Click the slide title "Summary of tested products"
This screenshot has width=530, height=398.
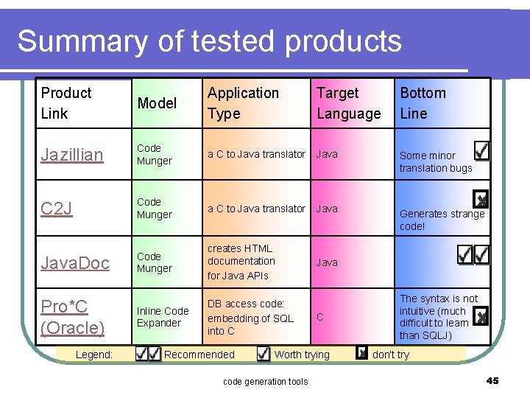pyautogui.click(x=209, y=41)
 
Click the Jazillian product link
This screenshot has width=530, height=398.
pyautogui.click(x=72, y=154)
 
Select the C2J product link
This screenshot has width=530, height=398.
pyautogui.click(x=57, y=209)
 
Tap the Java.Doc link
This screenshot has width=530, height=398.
pyautogui.click(x=75, y=262)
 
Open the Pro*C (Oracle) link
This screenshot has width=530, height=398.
pyautogui.click(x=73, y=316)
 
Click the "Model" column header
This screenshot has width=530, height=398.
pyautogui.click(x=157, y=103)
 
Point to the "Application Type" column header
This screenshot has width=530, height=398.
pyautogui.click(x=243, y=103)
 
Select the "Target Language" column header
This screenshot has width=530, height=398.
pyautogui.click(x=348, y=103)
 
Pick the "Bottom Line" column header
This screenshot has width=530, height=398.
pyautogui.click(x=423, y=103)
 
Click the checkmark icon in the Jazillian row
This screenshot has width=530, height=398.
pyautogui.click(x=481, y=151)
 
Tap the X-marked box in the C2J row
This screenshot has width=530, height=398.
pyautogui.click(x=481, y=199)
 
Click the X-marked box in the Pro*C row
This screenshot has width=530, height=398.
pyautogui.click(x=481, y=316)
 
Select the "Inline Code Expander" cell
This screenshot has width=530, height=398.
pyautogui.click(x=163, y=317)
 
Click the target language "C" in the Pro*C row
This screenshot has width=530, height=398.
pyautogui.click(x=320, y=318)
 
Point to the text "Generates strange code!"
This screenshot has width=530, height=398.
pyautogui.click(x=441, y=220)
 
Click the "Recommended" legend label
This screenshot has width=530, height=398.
pyautogui.click(x=199, y=355)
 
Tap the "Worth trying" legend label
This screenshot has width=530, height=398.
pyautogui.click(x=302, y=355)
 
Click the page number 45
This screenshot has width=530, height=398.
pyautogui.click(x=492, y=380)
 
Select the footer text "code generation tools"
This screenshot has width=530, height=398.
pyautogui.click(x=265, y=381)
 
